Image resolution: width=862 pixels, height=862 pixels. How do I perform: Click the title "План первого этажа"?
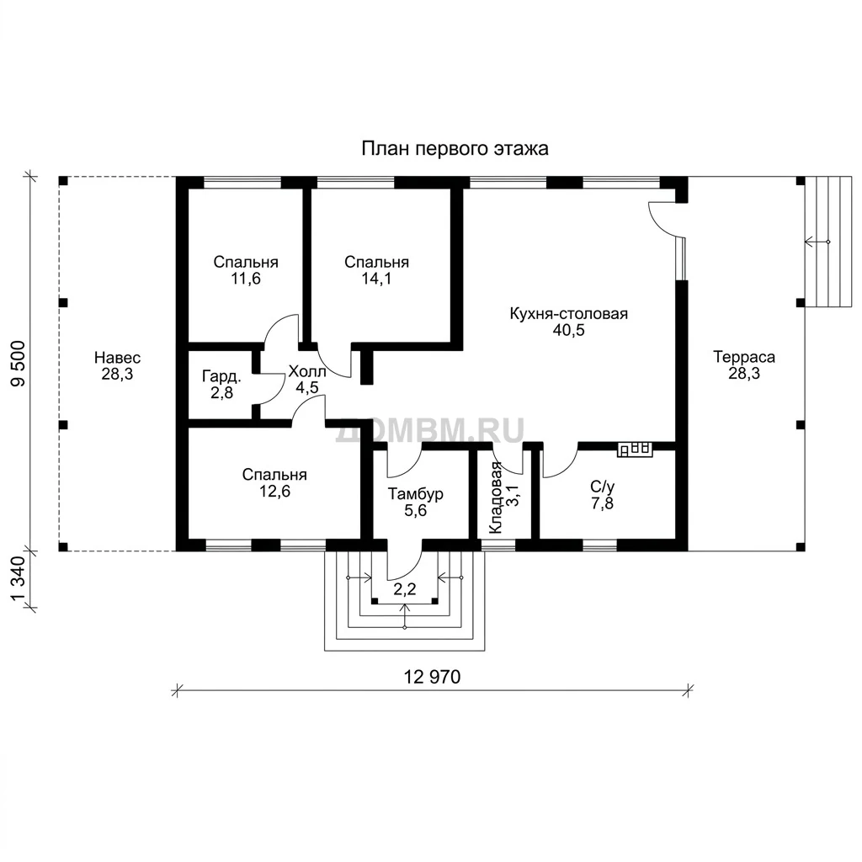click(455, 149)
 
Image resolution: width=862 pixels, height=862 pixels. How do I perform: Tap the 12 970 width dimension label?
click(432, 677)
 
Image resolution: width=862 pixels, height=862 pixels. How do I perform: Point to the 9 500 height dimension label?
click(19, 364)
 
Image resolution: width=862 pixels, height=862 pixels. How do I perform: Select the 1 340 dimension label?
click(19, 579)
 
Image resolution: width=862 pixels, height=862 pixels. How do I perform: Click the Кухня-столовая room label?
click(569, 314)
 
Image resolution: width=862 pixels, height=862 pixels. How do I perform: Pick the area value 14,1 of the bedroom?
click(376, 279)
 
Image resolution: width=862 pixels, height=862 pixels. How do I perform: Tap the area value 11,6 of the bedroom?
click(246, 279)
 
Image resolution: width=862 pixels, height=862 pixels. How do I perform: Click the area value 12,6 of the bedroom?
click(275, 491)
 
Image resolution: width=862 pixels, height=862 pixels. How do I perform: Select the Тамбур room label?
click(416, 493)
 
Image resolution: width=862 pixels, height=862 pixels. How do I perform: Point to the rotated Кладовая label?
click(495, 498)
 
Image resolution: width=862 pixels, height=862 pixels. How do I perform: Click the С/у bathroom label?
click(603, 487)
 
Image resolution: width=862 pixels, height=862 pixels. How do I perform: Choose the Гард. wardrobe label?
click(221, 376)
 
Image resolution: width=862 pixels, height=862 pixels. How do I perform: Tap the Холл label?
click(307, 371)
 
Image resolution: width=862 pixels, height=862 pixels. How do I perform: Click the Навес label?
click(117, 358)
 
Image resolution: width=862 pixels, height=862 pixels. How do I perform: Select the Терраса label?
click(744, 357)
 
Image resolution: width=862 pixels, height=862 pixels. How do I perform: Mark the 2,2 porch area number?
click(405, 589)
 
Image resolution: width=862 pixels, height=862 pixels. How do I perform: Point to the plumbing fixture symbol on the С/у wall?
click(636, 450)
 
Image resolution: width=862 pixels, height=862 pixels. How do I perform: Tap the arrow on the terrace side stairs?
click(817, 242)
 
